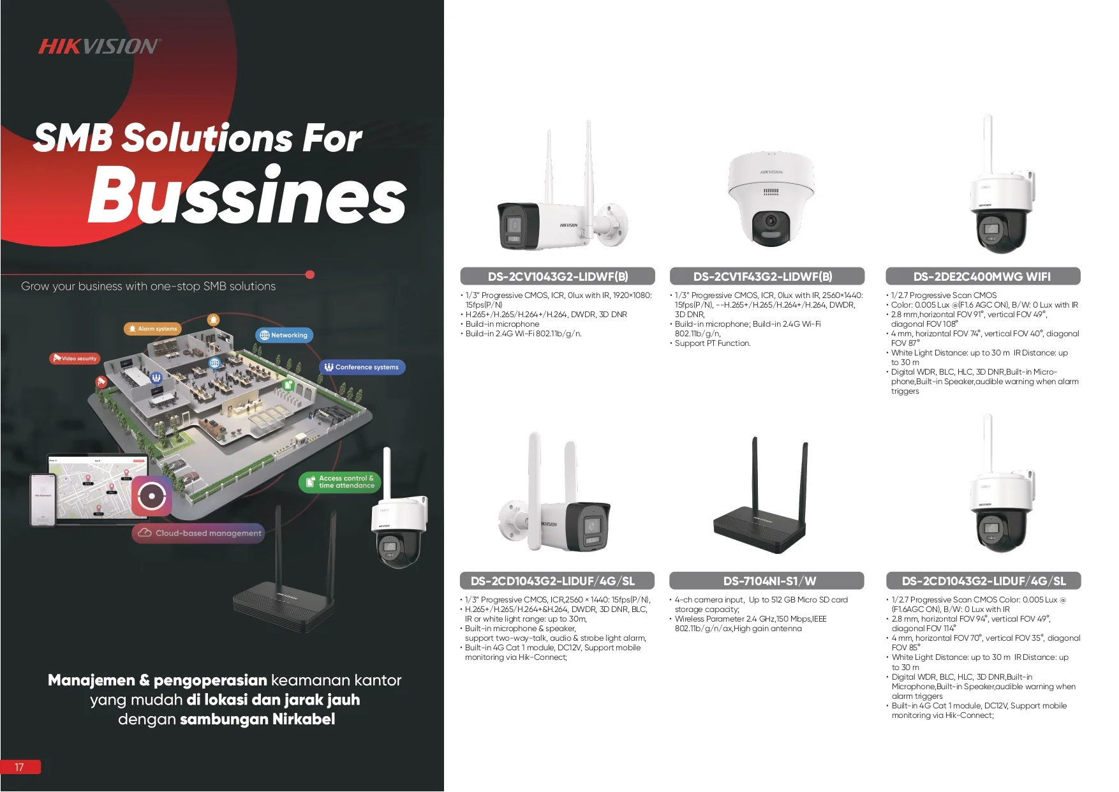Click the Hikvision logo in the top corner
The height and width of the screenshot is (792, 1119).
click(99, 46)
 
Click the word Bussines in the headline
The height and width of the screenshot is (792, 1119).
click(247, 195)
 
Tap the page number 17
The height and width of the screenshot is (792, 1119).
click(20, 767)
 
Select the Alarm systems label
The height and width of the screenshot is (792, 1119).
click(152, 329)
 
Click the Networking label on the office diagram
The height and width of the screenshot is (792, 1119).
click(284, 335)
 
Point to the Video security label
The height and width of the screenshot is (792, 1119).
click(75, 359)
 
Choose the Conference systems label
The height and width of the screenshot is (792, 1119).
click(362, 367)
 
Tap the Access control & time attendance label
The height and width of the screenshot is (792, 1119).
click(340, 482)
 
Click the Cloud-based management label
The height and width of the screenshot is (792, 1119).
click(198, 533)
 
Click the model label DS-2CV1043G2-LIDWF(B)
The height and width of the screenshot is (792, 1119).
click(558, 276)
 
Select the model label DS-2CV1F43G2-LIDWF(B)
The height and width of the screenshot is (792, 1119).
click(766, 276)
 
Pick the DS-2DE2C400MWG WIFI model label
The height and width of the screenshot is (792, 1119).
click(982, 276)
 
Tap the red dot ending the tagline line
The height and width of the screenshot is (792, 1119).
click(310, 274)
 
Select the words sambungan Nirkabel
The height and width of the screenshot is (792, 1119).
click(257, 719)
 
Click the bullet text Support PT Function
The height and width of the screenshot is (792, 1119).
click(713, 343)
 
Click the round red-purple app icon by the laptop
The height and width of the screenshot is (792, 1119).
click(152, 495)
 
